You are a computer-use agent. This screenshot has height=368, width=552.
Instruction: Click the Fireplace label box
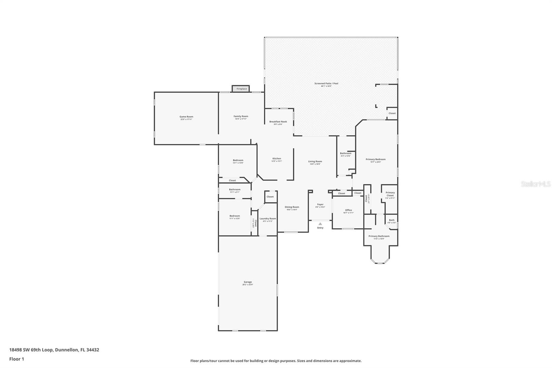[x=241, y=89]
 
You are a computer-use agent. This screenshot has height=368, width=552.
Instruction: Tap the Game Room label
[x=186, y=117]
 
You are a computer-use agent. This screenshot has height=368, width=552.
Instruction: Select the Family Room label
[x=241, y=116]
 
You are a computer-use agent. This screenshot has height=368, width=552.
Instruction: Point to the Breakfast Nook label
[x=278, y=122]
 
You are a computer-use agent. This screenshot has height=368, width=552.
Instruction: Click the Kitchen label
[x=277, y=158]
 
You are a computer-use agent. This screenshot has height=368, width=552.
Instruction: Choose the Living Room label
[x=315, y=161]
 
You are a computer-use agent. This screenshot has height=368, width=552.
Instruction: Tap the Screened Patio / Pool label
[x=326, y=84]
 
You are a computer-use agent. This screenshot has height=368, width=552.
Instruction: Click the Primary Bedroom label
[x=376, y=159]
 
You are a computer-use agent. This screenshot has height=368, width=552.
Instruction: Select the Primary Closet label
[x=390, y=194]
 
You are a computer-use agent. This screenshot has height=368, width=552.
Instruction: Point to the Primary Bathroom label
[x=379, y=236]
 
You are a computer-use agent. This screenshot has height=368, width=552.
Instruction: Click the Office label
[x=348, y=210]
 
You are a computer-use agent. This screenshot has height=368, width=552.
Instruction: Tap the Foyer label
[x=320, y=204]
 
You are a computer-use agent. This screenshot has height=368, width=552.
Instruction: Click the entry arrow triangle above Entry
[x=320, y=224]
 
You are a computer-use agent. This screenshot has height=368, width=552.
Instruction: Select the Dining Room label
[x=292, y=207]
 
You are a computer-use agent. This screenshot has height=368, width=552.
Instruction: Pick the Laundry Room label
[x=268, y=219]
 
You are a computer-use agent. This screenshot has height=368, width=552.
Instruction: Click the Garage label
[x=248, y=282]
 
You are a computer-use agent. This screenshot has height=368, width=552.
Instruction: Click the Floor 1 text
[x=17, y=359]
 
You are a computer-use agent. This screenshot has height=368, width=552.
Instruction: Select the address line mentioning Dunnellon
[x=54, y=350]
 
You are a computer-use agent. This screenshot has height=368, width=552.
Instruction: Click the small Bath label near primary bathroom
[x=392, y=220]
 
